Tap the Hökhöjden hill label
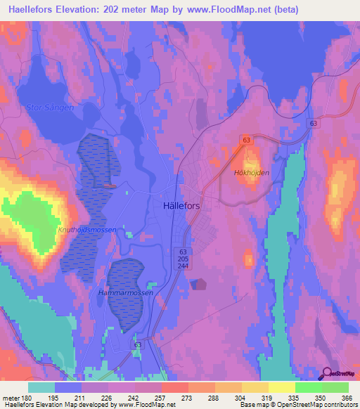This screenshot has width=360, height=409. coord(251,171)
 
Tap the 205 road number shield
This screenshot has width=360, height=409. coord(183,258)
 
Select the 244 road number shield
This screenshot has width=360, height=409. coord(183,265)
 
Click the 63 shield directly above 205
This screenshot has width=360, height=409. coord(183,251)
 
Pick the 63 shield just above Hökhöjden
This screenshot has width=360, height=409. coord(246,141)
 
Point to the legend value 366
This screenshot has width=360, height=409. coord(344,398)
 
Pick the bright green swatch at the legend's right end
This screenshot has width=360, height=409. coord(335,387)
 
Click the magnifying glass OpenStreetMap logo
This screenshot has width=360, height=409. coord(327,374)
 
